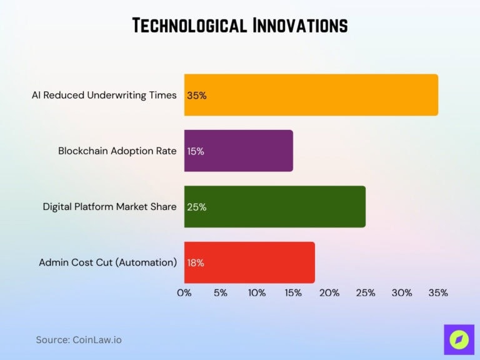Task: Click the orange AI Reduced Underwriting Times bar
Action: pos(311,95)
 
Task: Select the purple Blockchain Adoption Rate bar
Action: pos(239,151)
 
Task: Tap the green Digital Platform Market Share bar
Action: pos(275,206)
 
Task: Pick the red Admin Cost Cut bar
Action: pos(250,262)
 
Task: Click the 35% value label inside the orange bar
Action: pos(196,96)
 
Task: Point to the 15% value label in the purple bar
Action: pos(196,151)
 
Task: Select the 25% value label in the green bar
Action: pos(196,207)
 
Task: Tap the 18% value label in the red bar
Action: pos(196,262)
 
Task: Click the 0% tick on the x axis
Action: pos(184,292)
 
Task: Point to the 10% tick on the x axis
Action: pos(257,292)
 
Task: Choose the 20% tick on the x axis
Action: pos(329,292)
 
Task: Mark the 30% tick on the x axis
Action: pos(402,292)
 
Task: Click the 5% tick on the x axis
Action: pos(221,292)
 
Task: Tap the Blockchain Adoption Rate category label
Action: pos(117,151)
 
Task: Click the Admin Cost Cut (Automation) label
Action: pos(108,262)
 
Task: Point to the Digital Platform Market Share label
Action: pos(110,207)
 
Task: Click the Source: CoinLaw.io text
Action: pos(79,340)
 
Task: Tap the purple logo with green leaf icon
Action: pos(459,340)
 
